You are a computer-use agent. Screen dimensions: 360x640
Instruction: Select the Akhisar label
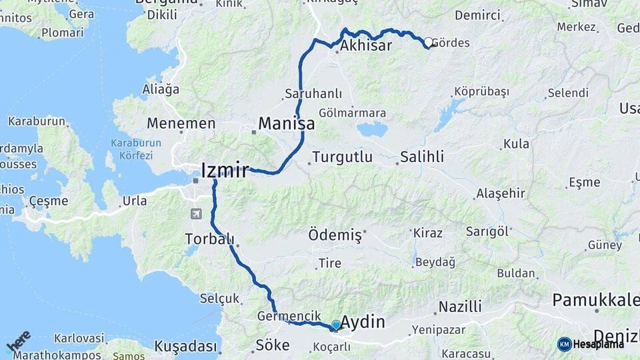pos(365,47)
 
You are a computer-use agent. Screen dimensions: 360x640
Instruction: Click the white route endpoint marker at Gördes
pos(429,42)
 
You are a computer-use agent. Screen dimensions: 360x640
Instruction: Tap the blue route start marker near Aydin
pos(336,325)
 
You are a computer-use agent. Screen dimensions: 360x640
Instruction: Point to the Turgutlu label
pos(341,158)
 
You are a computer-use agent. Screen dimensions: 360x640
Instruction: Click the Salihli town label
pos(422,157)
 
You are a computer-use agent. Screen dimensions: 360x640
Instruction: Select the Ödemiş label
pos(335,235)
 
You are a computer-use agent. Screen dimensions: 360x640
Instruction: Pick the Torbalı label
pos(209,239)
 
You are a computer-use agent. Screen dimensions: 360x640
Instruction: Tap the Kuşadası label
pos(186,347)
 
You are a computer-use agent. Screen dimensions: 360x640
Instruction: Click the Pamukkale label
pos(595,300)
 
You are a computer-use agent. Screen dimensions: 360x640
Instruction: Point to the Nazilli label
pos(459,307)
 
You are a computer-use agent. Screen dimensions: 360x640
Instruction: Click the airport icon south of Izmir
pos(196,214)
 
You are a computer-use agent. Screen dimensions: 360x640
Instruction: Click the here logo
pos(18,341)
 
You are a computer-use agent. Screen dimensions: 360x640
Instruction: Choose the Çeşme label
pos(49,201)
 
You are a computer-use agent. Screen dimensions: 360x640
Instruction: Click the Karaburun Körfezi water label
pos(132,149)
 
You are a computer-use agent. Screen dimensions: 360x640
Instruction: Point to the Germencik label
pos(284,315)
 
